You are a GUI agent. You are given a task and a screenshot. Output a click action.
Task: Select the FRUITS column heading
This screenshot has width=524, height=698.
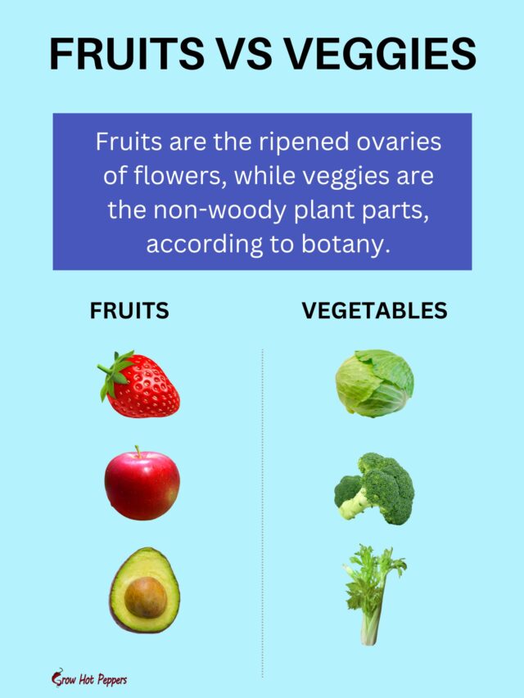tap(129, 311)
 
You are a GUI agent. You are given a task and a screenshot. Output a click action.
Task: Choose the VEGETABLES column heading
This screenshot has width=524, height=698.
tap(374, 311)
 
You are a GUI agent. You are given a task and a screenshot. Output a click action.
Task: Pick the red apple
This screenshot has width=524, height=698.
tap(141, 485)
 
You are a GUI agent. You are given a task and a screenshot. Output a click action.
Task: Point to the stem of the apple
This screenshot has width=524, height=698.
tap(138, 452)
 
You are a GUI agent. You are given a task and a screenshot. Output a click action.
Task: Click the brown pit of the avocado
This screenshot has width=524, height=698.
tap(145, 597)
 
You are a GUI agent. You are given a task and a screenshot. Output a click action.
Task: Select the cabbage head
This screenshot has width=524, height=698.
tap(374, 383)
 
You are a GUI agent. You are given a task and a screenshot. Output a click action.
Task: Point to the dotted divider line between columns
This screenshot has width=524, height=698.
tap(262, 507)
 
